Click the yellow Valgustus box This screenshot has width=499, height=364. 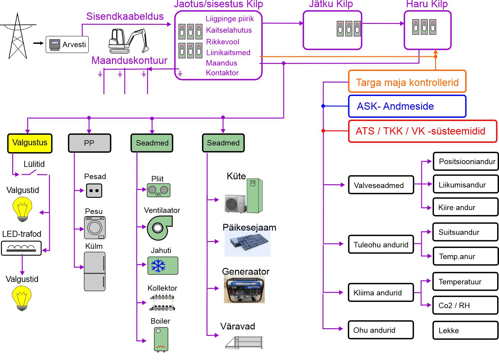(30, 143)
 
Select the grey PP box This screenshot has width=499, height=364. (89, 143)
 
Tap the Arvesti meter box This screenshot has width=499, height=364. (67, 45)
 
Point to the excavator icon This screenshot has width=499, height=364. (128, 41)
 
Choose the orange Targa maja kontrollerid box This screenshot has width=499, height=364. (407, 82)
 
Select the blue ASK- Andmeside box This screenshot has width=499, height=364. (407, 106)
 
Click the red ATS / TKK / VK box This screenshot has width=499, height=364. (423, 131)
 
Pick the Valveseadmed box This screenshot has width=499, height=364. (381, 185)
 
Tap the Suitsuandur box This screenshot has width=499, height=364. (465, 232)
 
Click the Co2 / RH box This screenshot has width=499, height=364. (465, 305)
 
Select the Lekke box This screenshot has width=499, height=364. (465, 330)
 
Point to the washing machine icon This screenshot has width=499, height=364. (95, 228)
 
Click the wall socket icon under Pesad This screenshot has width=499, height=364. (94, 191)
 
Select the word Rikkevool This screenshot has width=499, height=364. (222, 42)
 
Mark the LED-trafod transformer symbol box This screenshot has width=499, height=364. (21, 248)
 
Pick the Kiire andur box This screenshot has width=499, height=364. (465, 208)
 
